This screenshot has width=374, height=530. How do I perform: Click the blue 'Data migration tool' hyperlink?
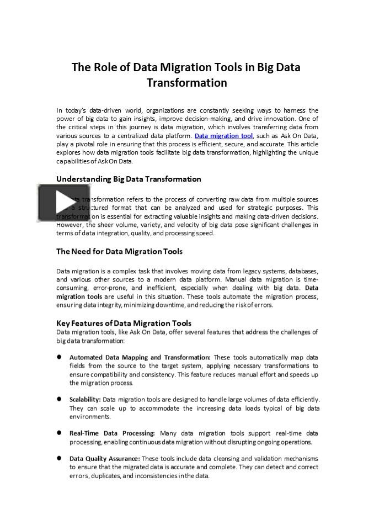coord(223,136)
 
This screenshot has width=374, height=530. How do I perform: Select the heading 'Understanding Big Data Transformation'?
coord(129,179)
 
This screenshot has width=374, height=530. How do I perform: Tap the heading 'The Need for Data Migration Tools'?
coord(119,251)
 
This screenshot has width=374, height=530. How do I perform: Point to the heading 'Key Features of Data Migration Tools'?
coord(124,323)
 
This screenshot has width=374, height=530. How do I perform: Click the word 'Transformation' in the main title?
coord(186,83)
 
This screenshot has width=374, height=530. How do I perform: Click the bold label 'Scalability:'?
coord(85,399)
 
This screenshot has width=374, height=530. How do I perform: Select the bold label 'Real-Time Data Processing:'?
coord(112,433)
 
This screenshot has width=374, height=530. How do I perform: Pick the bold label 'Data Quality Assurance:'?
coord(105,459)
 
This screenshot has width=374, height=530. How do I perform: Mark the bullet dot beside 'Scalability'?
coord(59,399)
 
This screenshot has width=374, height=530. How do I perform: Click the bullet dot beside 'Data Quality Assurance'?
coord(59,458)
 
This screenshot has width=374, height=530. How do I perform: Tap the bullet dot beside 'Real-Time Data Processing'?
coord(59,433)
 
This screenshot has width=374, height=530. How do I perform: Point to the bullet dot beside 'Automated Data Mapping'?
coord(59,357)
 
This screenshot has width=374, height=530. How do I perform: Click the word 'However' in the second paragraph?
coord(70,225)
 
